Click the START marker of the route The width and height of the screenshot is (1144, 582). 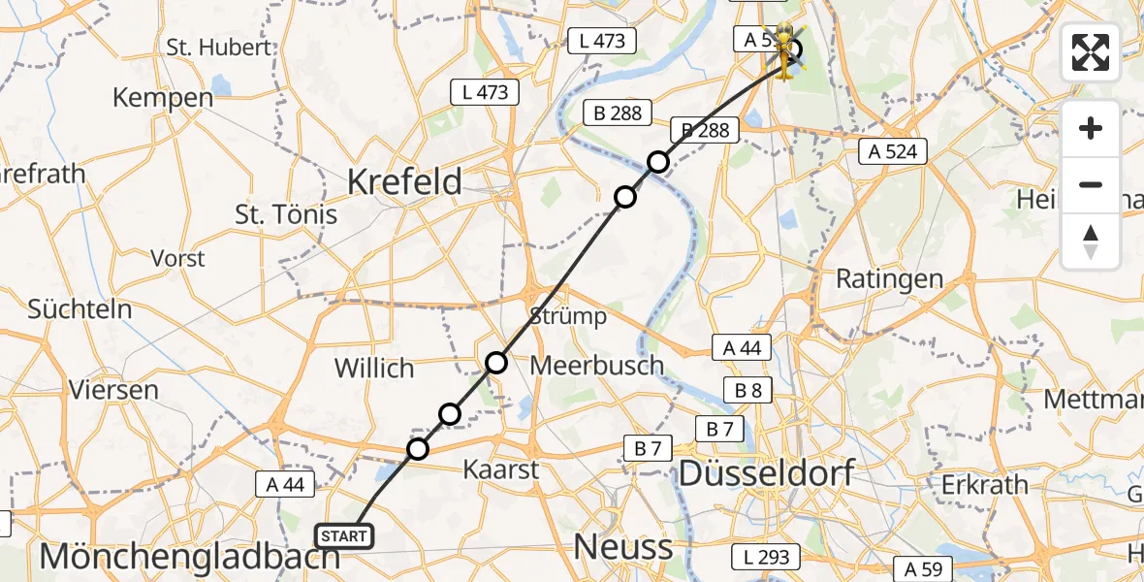[x=343, y=536]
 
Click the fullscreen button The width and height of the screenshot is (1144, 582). [x=1091, y=52]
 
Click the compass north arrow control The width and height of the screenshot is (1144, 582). [x=1091, y=242]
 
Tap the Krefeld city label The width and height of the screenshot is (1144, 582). [x=404, y=181]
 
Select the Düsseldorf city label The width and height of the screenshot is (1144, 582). [x=766, y=473]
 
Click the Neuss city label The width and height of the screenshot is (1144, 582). [x=622, y=547]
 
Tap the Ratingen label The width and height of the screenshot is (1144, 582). [x=889, y=279]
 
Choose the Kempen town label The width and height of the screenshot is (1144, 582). [x=163, y=98]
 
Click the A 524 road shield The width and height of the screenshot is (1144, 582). [x=893, y=150]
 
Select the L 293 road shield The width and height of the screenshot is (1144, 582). [x=766, y=557]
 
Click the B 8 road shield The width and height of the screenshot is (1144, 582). [x=747, y=390]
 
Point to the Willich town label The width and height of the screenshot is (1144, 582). [x=374, y=369]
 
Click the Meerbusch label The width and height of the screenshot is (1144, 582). [x=597, y=366]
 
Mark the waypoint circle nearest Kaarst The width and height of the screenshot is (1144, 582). [x=418, y=449]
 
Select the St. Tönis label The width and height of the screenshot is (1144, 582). [x=286, y=214]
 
